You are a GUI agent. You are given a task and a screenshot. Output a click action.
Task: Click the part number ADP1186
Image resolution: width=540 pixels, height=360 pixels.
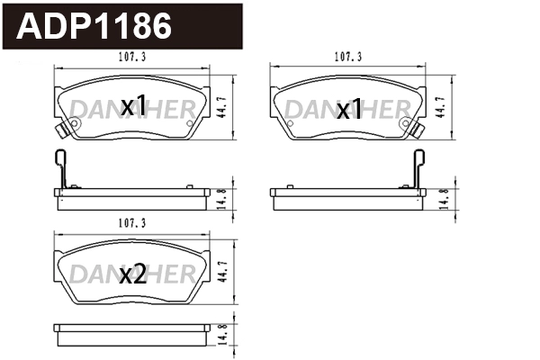pyautogui.click(x=94, y=27)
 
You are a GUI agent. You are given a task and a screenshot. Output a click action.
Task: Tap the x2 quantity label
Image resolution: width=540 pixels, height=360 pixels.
pyautogui.click(x=132, y=275)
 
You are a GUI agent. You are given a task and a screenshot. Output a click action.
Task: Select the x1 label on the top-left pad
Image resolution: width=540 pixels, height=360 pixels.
pyautogui.click(x=132, y=107)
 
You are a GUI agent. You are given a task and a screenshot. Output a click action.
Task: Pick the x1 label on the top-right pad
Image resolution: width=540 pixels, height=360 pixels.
pyautogui.click(x=348, y=111)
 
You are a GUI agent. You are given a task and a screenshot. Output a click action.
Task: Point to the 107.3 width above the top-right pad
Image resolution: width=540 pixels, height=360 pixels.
pyautogui.click(x=347, y=57)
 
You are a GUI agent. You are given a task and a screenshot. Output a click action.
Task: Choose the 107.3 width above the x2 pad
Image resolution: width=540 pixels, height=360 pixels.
pyautogui.click(x=131, y=222)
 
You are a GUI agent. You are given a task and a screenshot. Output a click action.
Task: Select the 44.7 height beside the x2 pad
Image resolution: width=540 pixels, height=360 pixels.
pyautogui.click(x=223, y=269)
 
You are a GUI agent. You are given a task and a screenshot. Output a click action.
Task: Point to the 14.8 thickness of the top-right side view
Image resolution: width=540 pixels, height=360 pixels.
pyautogui.click(x=443, y=198)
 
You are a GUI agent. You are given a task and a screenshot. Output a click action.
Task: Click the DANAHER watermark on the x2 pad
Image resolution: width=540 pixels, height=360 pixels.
pyautogui.click(x=132, y=270)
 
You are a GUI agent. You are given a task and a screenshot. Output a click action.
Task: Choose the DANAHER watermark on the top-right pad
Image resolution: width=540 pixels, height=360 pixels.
pyautogui.click(x=347, y=109)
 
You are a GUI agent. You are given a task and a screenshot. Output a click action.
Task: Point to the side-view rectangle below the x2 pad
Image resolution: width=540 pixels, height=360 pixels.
pyautogui.click(x=131, y=329)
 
